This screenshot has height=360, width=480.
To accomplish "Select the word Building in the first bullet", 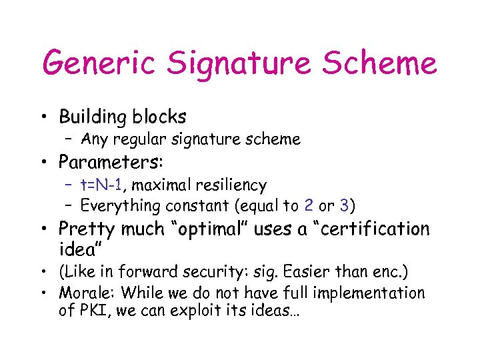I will coord(93,117).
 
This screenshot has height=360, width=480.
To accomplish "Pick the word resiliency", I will coord(233,185).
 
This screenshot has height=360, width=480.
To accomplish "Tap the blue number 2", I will coord(308,205).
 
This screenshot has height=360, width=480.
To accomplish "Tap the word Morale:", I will coord(82,293).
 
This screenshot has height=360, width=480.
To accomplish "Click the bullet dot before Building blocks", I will coord(45,119).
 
